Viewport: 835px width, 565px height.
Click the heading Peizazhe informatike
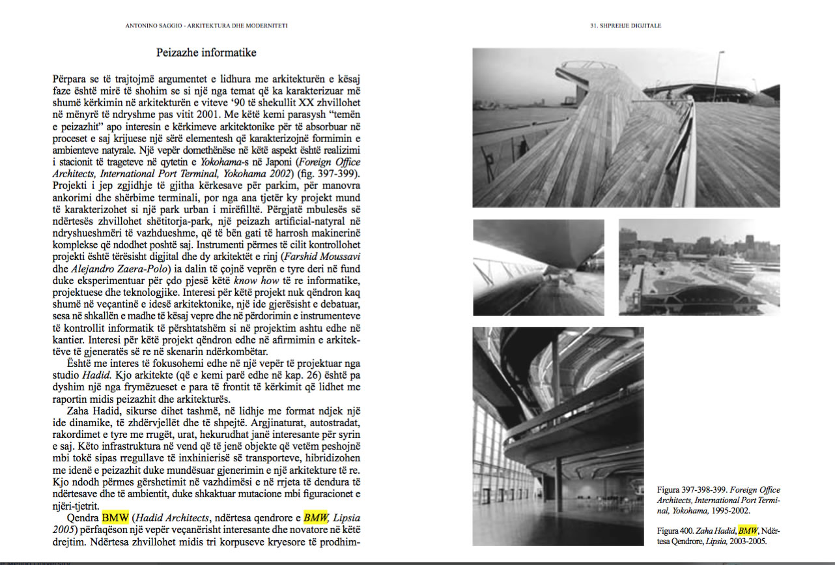pos(206,52)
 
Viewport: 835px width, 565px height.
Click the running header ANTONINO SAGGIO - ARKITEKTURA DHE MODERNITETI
pos(206,26)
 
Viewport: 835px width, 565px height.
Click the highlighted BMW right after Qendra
pos(117,518)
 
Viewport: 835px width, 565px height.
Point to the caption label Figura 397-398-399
pos(692,490)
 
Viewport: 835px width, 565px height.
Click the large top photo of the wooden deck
pos(625,128)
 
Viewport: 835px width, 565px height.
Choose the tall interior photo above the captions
pos(558,435)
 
